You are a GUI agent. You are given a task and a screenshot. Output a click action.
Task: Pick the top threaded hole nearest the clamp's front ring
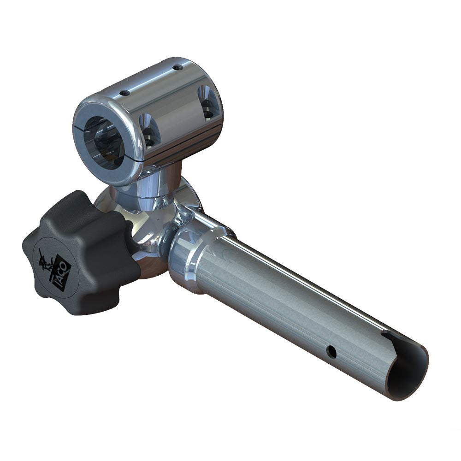(x=124, y=93)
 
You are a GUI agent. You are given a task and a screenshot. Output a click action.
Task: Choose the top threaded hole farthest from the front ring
(x=177, y=68)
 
